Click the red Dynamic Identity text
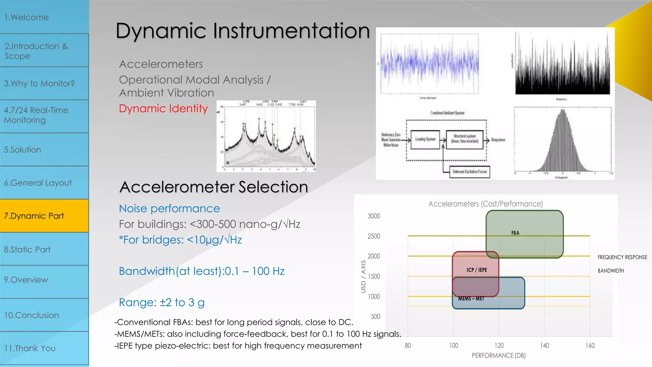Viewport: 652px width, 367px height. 163,109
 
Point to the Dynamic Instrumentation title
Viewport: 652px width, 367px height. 243,31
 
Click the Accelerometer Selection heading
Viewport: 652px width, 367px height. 214,187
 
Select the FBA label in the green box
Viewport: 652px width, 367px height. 515,233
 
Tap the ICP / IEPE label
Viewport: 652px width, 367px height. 477,270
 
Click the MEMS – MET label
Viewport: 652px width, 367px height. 471,299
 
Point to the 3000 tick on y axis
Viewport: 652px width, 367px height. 374,216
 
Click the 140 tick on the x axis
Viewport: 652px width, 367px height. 544,345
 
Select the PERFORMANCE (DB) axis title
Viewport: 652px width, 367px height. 499,356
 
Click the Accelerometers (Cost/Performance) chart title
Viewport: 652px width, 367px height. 485,204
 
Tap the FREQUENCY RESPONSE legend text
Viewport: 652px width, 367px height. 622,257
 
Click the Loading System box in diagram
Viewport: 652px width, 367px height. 425,140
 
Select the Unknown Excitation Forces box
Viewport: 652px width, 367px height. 470,172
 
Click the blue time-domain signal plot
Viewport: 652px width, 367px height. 429,64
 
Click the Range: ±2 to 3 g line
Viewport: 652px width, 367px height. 162,302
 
